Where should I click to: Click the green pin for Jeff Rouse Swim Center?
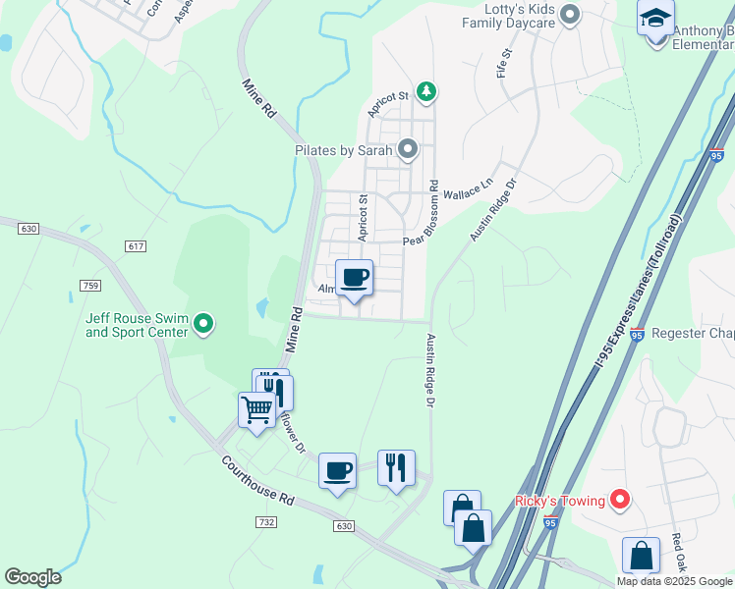[203, 323]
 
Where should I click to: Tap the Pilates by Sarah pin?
[407, 150]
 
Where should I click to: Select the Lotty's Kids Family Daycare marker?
[569, 15]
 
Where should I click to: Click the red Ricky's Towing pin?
[619, 501]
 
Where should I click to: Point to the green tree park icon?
[426, 92]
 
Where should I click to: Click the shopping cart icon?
[256, 409]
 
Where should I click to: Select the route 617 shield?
[136, 245]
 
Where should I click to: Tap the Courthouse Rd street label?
[258, 480]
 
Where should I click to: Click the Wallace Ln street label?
[467, 190]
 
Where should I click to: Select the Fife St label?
[505, 64]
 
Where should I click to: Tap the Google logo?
[32, 577]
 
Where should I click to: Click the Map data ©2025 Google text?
[675, 581]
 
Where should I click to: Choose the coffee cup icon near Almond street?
[354, 277]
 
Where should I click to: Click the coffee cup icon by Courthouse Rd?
[337, 471]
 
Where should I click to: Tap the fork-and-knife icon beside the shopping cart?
[275, 391]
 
